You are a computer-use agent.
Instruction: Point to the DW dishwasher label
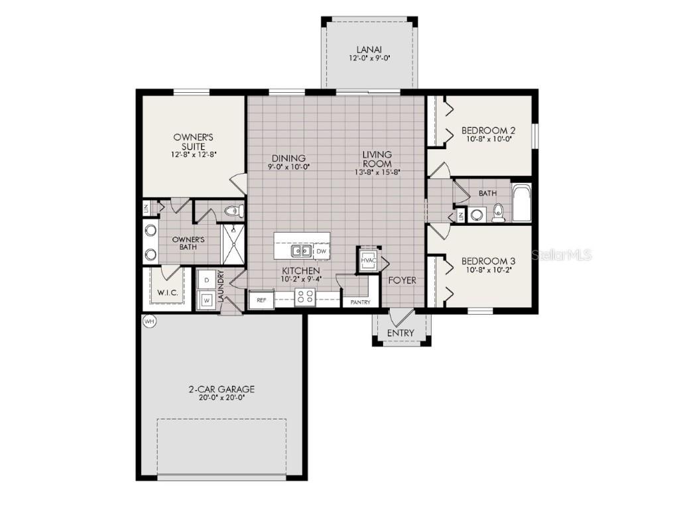(321, 252)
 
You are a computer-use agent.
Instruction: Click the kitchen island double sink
(300, 251)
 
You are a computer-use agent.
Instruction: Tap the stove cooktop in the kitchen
(304, 297)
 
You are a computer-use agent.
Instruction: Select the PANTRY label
(361, 302)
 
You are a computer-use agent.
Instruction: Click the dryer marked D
(206, 280)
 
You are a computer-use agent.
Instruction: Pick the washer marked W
(206, 300)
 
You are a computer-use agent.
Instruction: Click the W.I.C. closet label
(166, 292)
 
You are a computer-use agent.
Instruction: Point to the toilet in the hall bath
(498, 213)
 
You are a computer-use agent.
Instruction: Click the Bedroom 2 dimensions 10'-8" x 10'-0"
(489, 140)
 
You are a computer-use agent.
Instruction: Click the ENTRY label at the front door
(400, 333)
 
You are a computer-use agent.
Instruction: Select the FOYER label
(402, 280)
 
